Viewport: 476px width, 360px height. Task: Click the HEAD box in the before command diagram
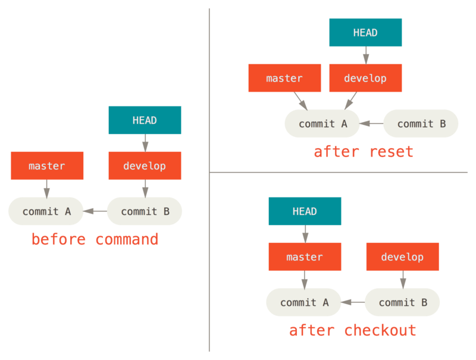145,120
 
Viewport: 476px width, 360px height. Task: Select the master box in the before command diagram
47,165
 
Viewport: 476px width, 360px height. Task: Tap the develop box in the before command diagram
145,165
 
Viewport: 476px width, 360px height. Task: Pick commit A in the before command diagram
46,211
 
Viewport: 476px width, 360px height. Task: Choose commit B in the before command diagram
145,211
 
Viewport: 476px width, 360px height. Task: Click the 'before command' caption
95,239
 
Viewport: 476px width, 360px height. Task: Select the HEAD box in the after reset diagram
365,33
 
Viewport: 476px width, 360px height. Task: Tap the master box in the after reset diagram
284,78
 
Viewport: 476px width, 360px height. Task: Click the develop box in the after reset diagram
365,78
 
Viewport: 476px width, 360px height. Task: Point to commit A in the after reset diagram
322,124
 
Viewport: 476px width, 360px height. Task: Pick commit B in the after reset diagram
421,124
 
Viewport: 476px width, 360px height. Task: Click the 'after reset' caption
363,152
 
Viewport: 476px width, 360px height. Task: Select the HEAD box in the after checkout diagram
305,211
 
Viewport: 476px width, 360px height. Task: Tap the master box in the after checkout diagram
305,257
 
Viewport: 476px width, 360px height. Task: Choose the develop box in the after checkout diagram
402,257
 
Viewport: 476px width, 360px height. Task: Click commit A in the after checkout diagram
304,302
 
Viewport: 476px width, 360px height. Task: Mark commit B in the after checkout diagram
402,302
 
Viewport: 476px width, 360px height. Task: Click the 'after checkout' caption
352,330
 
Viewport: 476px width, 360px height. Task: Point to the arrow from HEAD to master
305,234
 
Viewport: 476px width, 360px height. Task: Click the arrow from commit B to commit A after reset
371,124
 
